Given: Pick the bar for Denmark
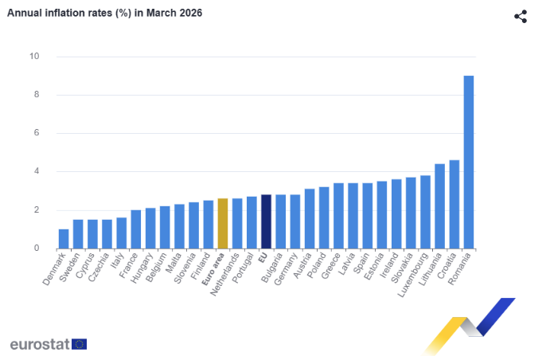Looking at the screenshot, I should pos(64,238).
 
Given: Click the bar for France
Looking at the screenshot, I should pos(136,229).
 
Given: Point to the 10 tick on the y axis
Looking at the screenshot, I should pos(34,57).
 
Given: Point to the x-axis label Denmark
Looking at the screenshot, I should pos(56,269).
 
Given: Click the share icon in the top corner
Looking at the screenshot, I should pos(521,17).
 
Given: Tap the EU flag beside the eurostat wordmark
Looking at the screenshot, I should pos(79,344).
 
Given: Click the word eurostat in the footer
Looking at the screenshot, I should pos(39,344).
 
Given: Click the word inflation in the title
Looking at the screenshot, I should pos(62,14).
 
